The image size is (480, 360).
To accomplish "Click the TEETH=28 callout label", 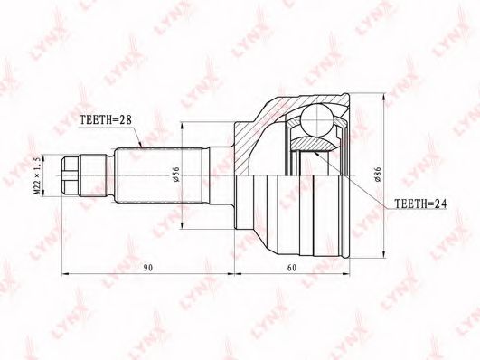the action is pos(105,119).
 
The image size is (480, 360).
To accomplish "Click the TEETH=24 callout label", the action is pos(420,204).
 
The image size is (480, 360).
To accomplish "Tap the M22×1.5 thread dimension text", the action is pos(37,175).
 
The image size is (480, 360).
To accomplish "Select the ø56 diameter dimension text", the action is pos(176,175).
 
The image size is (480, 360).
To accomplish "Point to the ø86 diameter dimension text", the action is pos(377,175).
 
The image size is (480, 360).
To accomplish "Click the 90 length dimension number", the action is pos(148,268).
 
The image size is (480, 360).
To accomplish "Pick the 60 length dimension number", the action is pos(292,268).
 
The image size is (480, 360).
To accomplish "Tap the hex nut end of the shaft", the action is pos(71,175).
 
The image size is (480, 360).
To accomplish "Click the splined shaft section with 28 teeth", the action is pos(160,175).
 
